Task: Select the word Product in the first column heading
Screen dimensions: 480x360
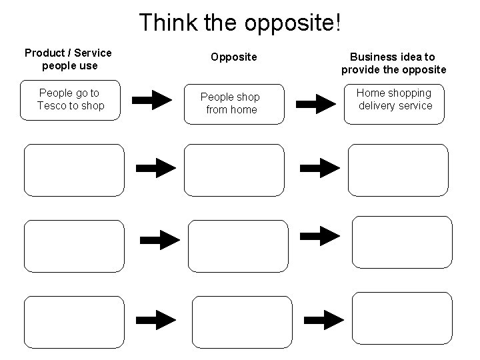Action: tap(45, 53)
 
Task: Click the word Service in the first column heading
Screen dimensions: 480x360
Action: tap(93, 53)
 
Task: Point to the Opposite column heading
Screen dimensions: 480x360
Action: tap(233, 57)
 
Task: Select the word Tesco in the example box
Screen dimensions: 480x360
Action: tap(52, 105)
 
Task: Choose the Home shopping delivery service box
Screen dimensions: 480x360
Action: tap(394, 103)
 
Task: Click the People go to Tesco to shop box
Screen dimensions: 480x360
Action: tap(72, 100)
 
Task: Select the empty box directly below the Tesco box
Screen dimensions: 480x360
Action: tap(74, 170)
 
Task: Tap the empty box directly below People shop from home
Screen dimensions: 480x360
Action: tap(234, 170)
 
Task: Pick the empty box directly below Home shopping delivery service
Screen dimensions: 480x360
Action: tap(398, 170)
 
